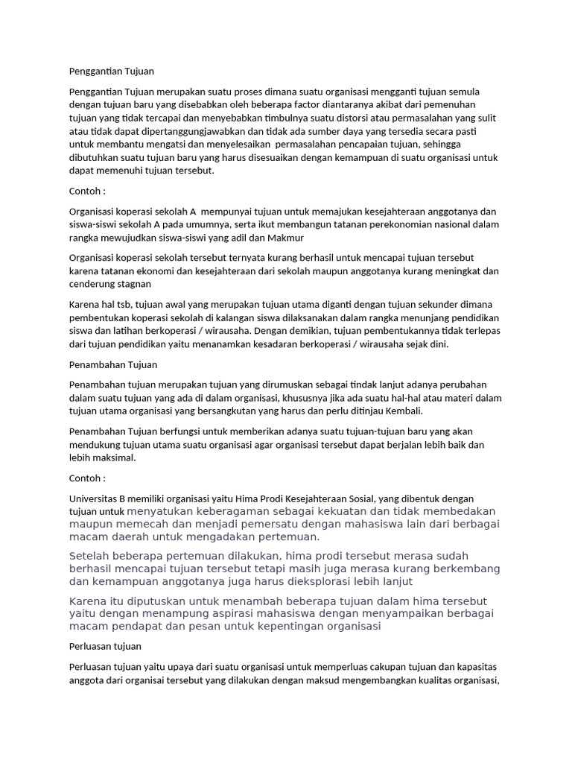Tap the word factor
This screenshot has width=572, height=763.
click(x=304, y=104)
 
